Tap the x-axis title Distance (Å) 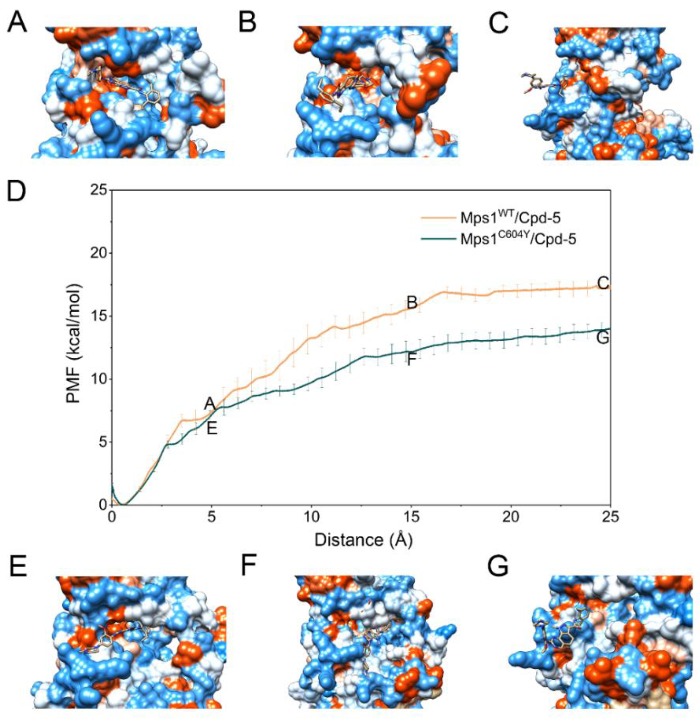click(x=363, y=540)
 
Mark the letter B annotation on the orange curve click(x=412, y=303)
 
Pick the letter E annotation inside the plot click(x=212, y=428)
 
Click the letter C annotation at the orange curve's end click(x=603, y=283)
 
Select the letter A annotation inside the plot click(x=210, y=404)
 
